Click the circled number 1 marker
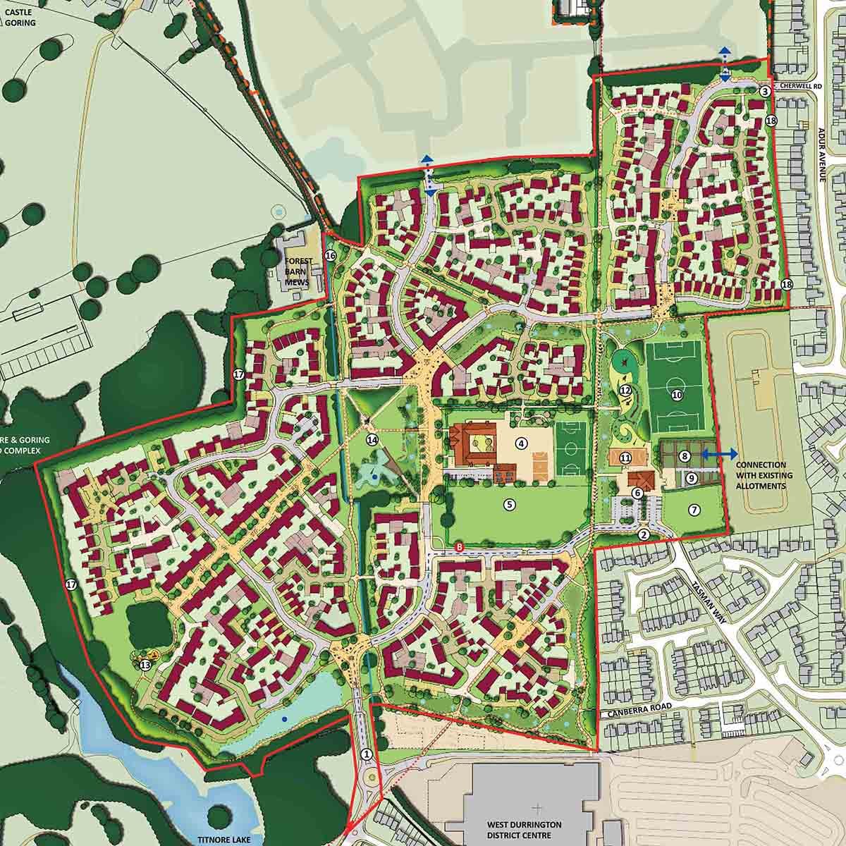point(366,754)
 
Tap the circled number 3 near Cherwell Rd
point(766,91)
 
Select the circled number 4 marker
point(521,443)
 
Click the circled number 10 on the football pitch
point(677,396)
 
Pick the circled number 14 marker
point(372,440)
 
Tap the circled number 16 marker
point(329,256)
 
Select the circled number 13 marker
point(145,665)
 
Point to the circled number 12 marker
point(625,390)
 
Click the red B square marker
point(460,548)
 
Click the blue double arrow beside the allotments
point(720,454)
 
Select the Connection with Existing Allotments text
point(764,476)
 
